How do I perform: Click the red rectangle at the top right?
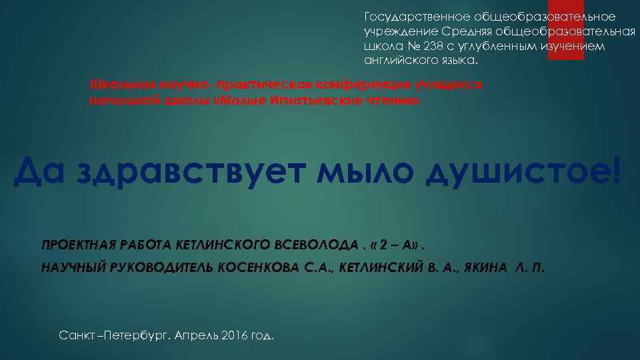tap(565, 29)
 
